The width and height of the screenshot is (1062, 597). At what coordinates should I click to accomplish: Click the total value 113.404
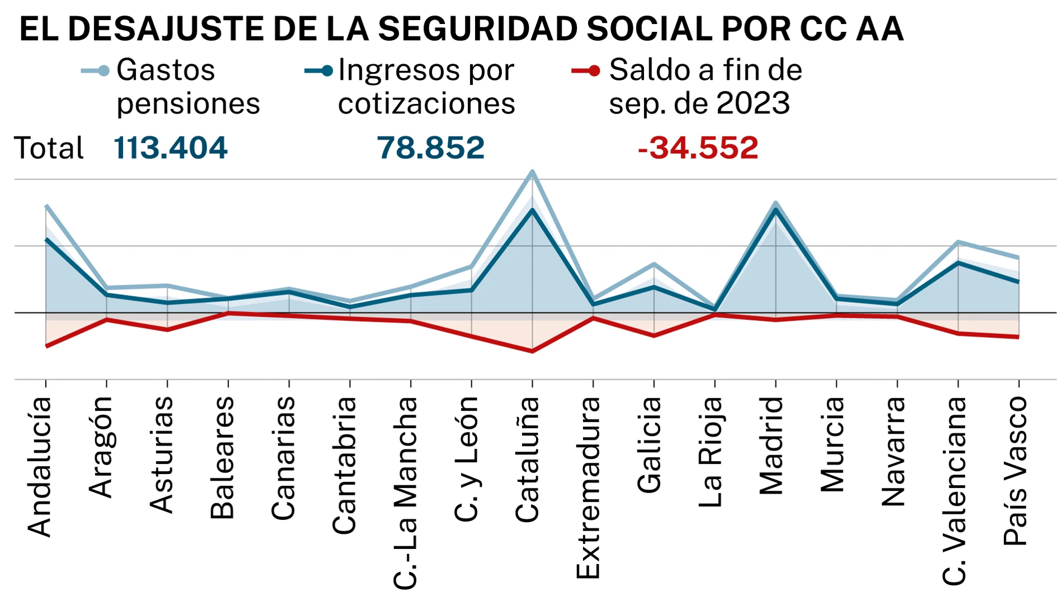click(170, 148)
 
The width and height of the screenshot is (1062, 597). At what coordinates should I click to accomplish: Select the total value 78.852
click(430, 148)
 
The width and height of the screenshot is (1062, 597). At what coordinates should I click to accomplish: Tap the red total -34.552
click(698, 148)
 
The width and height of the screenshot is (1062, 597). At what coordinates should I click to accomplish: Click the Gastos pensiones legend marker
click(96, 71)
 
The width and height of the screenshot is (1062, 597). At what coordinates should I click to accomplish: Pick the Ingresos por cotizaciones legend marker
click(319, 71)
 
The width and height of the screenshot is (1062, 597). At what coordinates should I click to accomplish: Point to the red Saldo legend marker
click(586, 71)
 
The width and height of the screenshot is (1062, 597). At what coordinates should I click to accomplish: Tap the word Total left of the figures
click(49, 148)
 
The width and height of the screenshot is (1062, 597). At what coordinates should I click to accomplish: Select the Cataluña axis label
click(527, 459)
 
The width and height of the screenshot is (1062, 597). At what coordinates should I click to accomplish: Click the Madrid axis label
click(771, 446)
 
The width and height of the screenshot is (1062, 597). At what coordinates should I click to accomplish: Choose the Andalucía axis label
click(40, 466)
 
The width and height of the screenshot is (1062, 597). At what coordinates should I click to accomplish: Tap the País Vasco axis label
click(1015, 470)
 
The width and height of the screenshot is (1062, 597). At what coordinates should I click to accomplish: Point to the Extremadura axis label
click(588, 487)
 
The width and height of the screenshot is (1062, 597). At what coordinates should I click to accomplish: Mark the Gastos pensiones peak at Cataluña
click(532, 172)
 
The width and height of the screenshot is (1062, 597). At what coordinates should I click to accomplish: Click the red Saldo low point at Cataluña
click(532, 351)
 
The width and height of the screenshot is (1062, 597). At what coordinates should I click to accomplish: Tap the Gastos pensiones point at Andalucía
click(46, 207)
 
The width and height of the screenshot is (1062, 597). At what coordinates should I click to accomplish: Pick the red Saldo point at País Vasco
click(1018, 337)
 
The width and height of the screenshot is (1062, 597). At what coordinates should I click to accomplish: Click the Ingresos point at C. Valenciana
click(958, 262)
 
